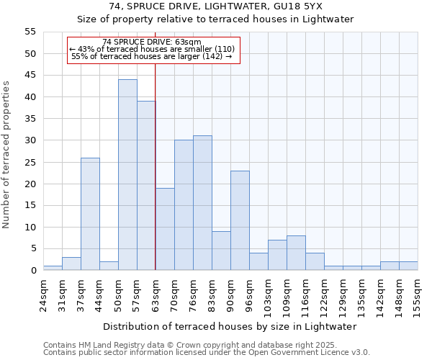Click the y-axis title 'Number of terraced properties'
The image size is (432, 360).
pyautogui.click(x=6, y=154)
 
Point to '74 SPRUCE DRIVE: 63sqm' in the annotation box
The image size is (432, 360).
pyautogui.click(x=152, y=42)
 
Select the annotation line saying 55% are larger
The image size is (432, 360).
pyautogui.click(x=152, y=56)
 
